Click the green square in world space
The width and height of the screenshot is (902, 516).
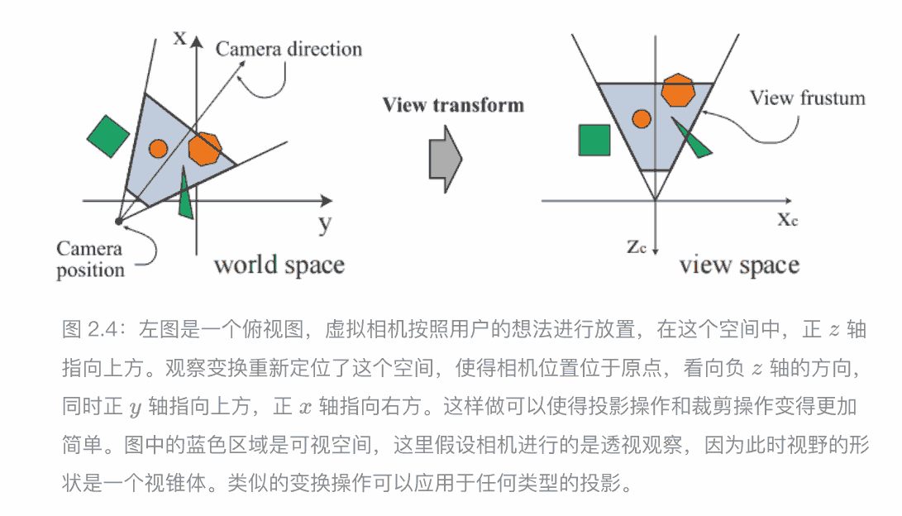tap(108, 135)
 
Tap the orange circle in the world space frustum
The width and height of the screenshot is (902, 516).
tap(158, 149)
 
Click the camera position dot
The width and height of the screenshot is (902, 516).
tap(118, 222)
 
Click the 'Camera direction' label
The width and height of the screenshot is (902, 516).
tap(289, 49)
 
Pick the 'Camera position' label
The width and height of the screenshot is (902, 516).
tap(90, 259)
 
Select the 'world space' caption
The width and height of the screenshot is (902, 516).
tap(279, 265)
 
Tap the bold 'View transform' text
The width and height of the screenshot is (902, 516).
tap(452, 105)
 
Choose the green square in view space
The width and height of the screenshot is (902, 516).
tap(594, 140)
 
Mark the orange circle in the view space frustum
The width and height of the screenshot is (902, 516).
tap(640, 118)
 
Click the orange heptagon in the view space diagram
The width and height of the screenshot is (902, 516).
tap(677, 90)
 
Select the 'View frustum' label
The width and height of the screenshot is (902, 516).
tap(807, 98)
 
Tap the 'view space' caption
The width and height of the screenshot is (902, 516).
tap(739, 265)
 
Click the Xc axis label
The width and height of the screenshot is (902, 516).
tap(787, 219)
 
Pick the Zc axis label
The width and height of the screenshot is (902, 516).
tap(637, 246)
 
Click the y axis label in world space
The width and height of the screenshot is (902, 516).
tap(324, 222)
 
